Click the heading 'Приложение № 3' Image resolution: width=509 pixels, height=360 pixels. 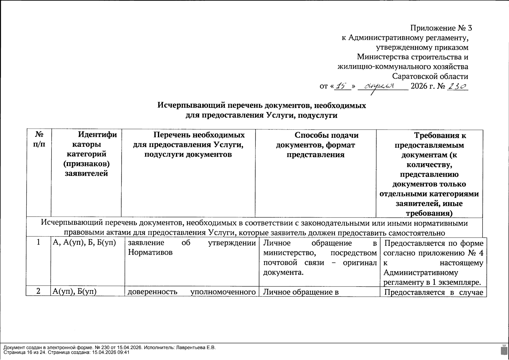click(441, 28)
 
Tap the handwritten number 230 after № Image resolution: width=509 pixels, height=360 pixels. click(457, 86)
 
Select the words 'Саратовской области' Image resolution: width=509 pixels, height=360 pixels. click(430, 76)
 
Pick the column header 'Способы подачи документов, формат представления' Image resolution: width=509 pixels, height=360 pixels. click(315, 145)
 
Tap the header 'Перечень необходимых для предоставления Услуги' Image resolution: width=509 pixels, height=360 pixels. click(188, 145)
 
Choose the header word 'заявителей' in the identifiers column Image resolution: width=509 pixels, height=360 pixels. click(86, 173)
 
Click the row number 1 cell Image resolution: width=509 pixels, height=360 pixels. click(38, 242)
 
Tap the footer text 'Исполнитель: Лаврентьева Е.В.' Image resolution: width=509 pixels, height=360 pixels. click(180, 348)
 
